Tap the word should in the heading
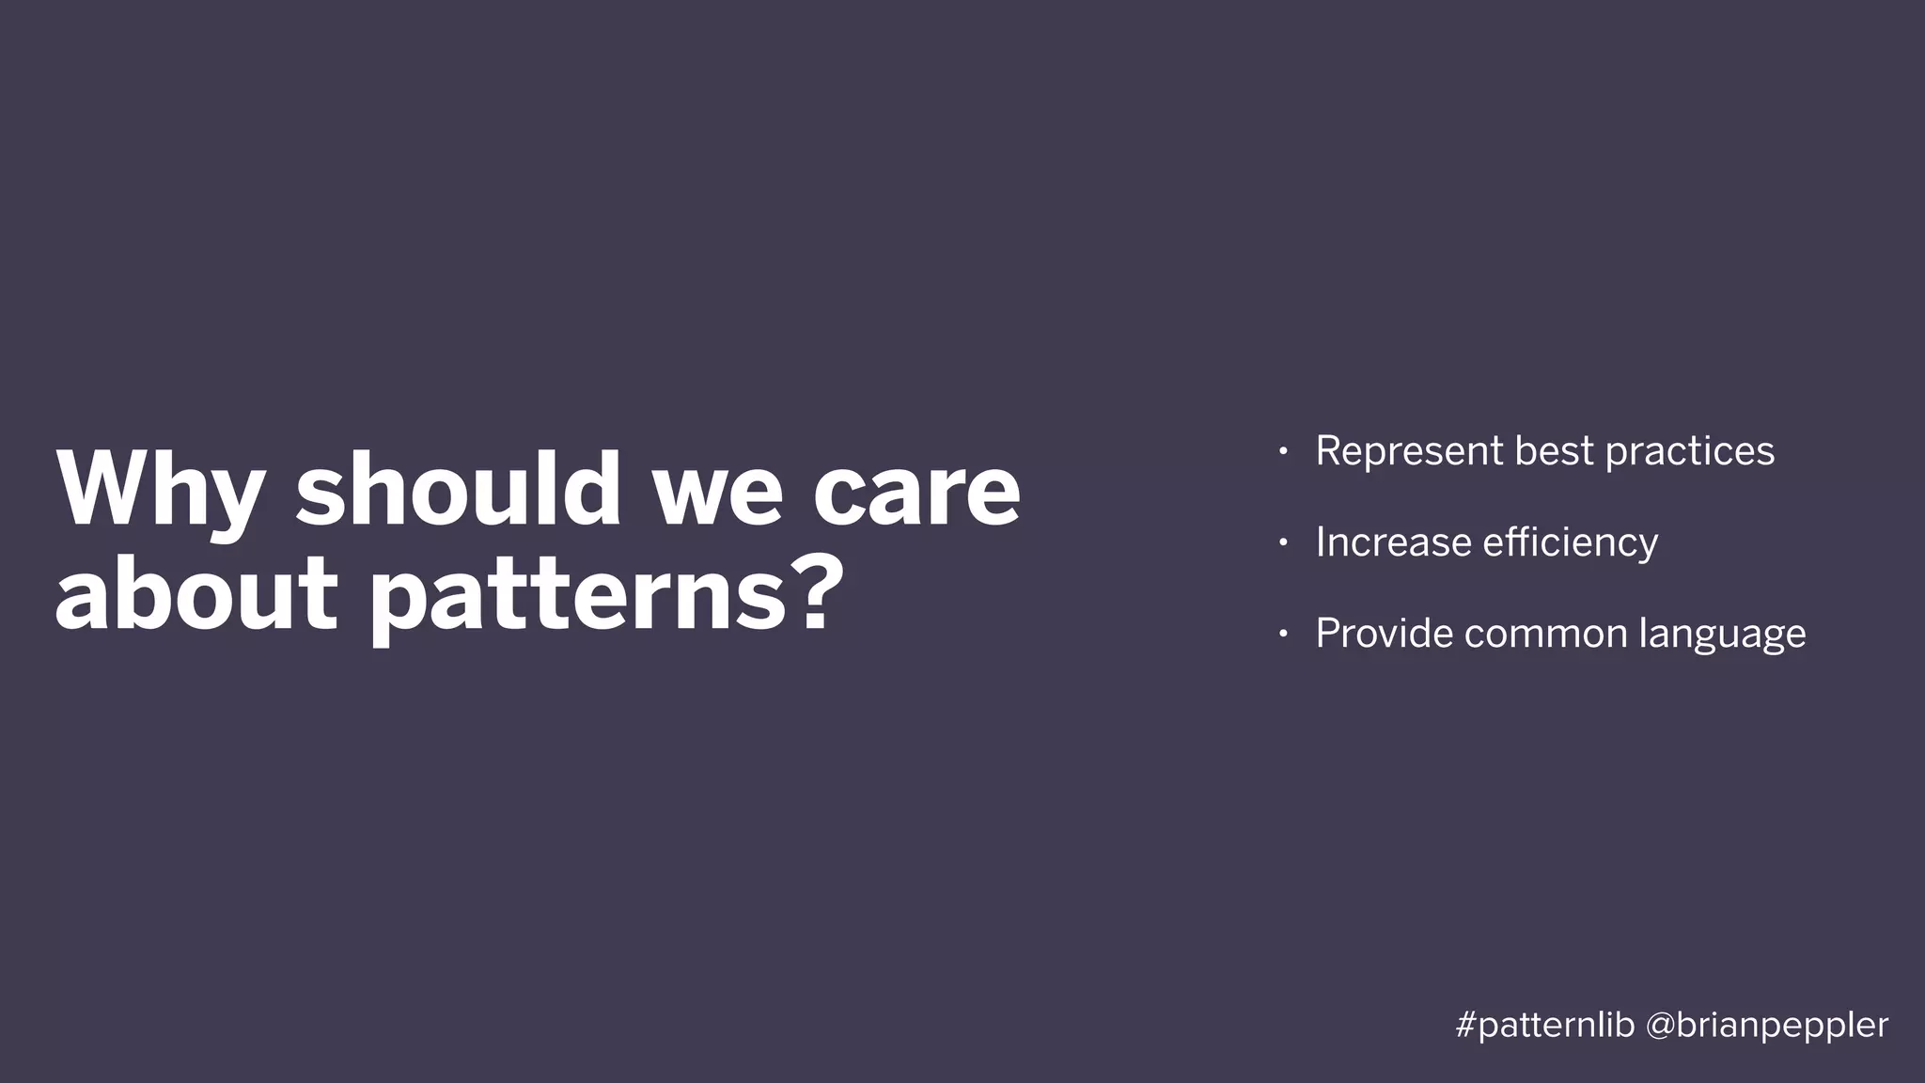(x=458, y=489)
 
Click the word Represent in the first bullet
(x=1409, y=452)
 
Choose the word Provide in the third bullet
(x=1384, y=633)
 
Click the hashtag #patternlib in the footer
(x=1544, y=1026)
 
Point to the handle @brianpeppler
(x=1767, y=1026)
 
